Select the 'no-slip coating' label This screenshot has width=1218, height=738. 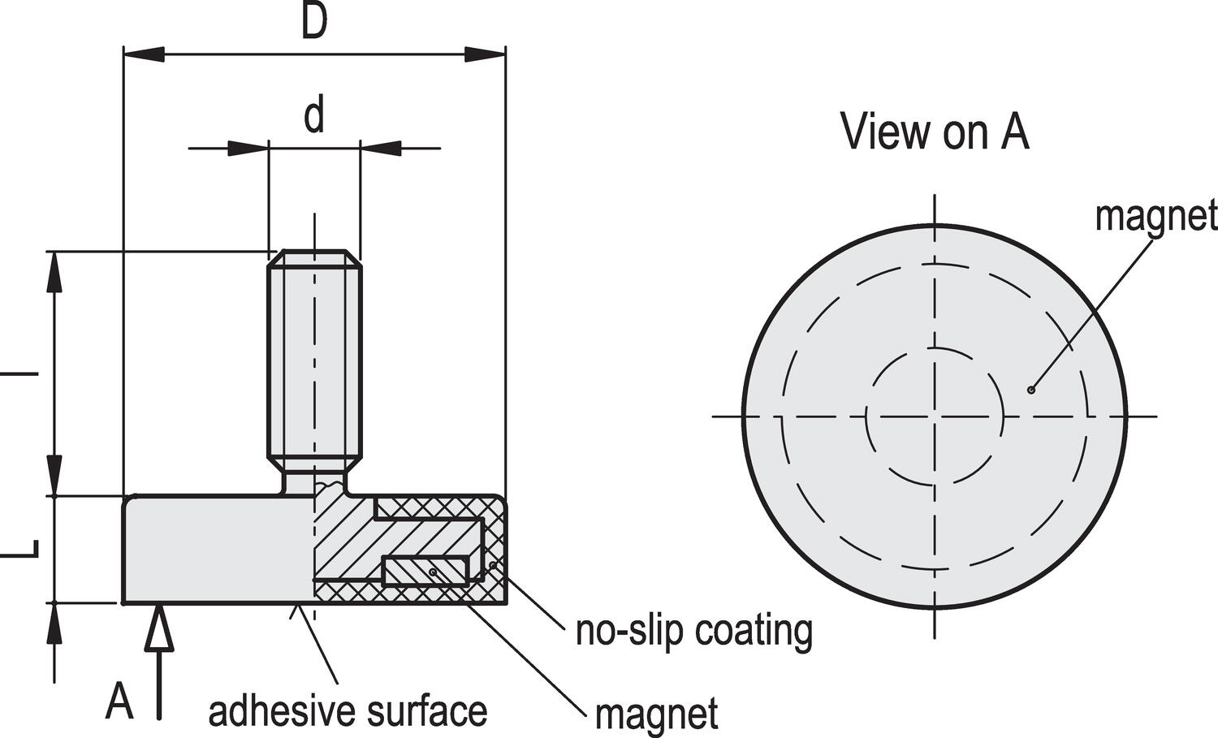[694, 632]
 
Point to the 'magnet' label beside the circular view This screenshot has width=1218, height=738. [1156, 217]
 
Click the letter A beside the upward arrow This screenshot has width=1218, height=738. [119, 701]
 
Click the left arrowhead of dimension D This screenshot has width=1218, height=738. [144, 54]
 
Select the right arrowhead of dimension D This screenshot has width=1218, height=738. [485, 54]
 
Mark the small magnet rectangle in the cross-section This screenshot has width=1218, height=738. [425, 571]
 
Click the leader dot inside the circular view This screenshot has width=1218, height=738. [1030, 390]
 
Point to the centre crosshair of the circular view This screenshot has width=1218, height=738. [935, 416]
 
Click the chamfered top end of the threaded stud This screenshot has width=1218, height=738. [314, 258]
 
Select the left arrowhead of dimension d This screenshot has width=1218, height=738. [248, 148]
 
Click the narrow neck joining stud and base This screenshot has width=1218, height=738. [314, 484]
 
